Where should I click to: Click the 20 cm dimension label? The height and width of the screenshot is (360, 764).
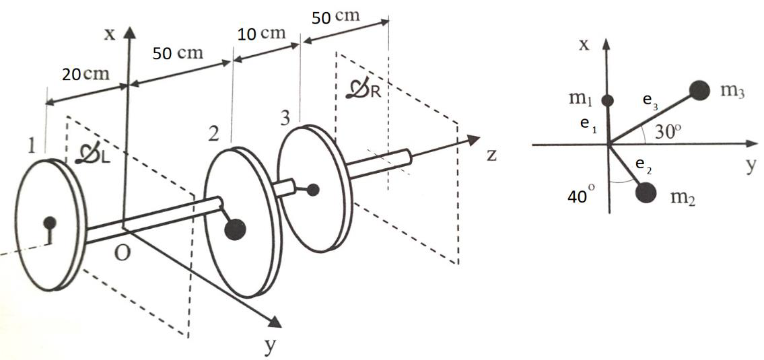click(x=85, y=75)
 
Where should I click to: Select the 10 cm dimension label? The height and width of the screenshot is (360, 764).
click(x=263, y=34)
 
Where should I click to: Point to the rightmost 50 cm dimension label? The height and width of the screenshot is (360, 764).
click(x=337, y=17)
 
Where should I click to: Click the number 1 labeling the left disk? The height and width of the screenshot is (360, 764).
click(x=31, y=146)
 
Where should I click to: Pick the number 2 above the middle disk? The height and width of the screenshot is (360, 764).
click(x=213, y=133)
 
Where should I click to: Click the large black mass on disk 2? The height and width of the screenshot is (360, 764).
click(x=234, y=229)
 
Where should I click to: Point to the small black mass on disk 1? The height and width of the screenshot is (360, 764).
click(x=49, y=223)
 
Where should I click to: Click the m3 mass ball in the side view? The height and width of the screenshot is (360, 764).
click(x=700, y=90)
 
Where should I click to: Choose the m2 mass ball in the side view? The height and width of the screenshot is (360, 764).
click(x=646, y=192)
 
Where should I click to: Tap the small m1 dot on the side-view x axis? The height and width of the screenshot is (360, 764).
click(x=607, y=101)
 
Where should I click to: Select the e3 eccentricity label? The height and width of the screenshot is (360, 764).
click(x=650, y=101)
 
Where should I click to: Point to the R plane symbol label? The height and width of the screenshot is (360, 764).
click(x=363, y=91)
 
